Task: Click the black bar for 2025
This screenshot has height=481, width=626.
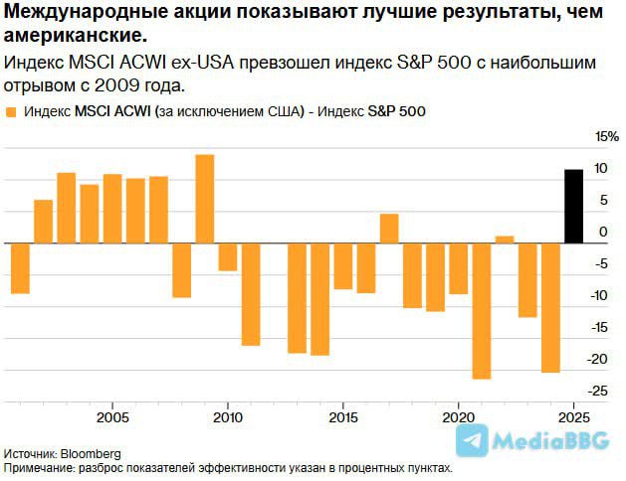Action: pos(572,206)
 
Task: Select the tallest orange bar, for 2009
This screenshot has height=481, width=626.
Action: pos(205,199)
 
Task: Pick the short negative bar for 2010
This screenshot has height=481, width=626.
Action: pos(228,256)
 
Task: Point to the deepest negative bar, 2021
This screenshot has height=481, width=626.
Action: pos(482,310)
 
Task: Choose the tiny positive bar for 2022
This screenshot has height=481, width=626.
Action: pos(505,240)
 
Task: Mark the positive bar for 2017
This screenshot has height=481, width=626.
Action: pos(389,229)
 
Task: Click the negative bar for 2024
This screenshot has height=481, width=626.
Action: pos(550,307)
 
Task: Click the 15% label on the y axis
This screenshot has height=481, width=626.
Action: pos(606,137)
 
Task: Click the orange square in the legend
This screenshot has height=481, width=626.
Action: pos(11,111)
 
